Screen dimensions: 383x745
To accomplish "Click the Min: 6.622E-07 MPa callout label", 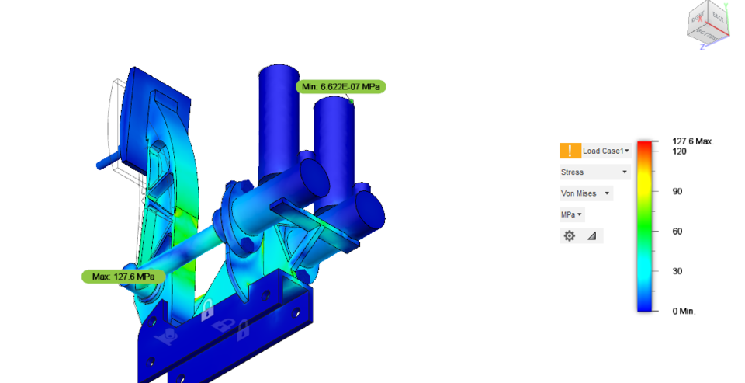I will [x=341, y=86].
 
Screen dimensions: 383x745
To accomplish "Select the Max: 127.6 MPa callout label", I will [x=123, y=277].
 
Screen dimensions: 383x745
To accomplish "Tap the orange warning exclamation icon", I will [x=569, y=151].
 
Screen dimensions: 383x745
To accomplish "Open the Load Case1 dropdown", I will [x=606, y=151].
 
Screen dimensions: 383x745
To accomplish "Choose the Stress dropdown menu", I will [x=594, y=172].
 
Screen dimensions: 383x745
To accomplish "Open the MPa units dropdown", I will [x=572, y=214].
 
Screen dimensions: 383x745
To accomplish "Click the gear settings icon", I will [x=570, y=235].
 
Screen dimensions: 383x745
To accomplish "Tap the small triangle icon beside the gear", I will [x=591, y=235].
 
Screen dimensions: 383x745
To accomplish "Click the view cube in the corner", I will [x=707, y=25].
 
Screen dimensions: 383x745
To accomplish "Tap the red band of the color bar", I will [x=643, y=145].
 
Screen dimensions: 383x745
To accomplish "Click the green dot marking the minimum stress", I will [x=352, y=101].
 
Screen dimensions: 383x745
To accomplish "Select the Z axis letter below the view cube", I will [x=702, y=47].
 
